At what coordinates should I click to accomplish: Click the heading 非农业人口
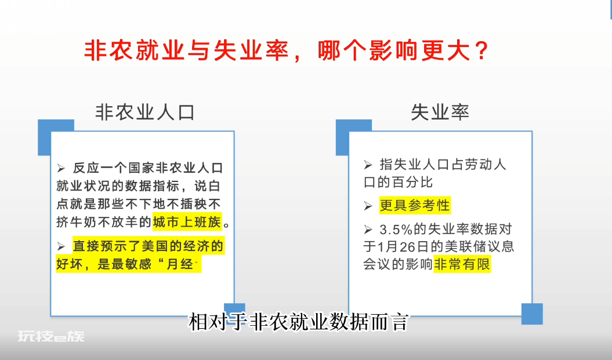pos(145,112)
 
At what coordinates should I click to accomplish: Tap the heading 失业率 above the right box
pos(440,112)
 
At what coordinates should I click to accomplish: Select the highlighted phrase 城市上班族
pos(187,222)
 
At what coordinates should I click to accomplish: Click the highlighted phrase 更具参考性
pos(415,205)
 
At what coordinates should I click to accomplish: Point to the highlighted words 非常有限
pos(462,264)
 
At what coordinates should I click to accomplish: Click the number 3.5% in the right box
pos(396,230)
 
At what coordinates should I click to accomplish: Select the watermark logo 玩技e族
pos(50,336)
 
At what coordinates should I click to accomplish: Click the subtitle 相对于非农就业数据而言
pos(299,322)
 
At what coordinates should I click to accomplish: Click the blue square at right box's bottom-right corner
pos(532,314)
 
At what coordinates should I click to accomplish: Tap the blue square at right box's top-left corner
pos(354,137)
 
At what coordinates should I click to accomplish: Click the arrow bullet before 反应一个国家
pos(61,168)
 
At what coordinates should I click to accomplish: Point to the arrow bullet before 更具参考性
pos(368,206)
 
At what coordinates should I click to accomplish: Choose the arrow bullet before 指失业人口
pos(368,165)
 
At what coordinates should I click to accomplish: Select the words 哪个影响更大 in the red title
pos(394,50)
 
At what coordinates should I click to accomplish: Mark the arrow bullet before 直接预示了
pos(61,246)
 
